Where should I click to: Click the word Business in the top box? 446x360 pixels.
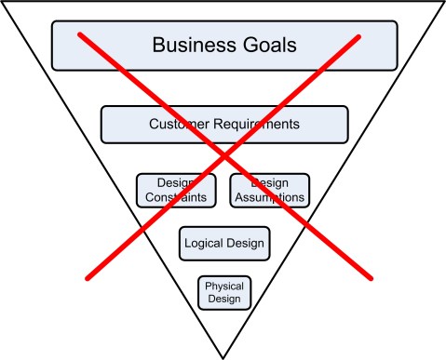click(193, 45)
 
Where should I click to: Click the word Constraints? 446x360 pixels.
click(176, 197)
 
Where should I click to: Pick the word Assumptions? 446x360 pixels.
click(269, 197)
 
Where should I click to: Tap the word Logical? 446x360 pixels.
click(205, 244)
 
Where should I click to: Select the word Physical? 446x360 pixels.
click(223, 287)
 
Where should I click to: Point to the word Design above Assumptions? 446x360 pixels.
click(269, 183)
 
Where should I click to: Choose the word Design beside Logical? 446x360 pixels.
click(246, 244)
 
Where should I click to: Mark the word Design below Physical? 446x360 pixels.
click(223, 299)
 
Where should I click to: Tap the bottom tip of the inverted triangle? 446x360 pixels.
click(223, 357)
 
